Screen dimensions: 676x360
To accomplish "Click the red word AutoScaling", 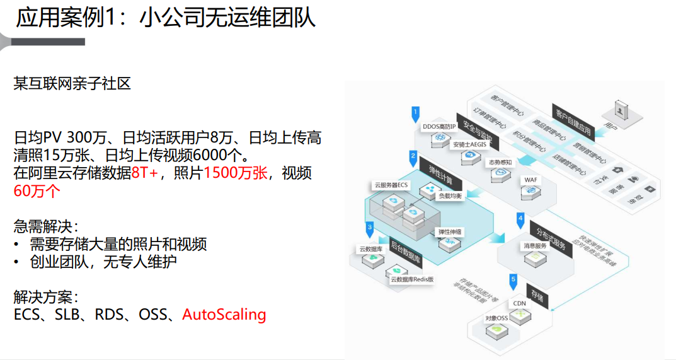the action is click(224, 314).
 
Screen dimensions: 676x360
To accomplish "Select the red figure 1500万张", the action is click(236, 173).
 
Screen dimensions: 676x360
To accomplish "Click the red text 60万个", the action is click(37, 191).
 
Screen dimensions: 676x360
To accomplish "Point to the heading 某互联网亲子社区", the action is click(72, 83).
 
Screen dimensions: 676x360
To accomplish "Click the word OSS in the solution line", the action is click(153, 314).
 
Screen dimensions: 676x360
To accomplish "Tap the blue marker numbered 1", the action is click(415, 115).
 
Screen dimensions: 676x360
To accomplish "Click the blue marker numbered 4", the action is click(520, 220).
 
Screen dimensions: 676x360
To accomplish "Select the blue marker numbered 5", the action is click(513, 279).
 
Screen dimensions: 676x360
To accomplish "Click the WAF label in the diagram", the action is click(531, 180).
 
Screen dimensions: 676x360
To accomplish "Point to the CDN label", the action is click(519, 303).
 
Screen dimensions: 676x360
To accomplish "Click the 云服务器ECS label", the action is click(392, 185).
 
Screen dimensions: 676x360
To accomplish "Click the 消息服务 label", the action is click(535, 245).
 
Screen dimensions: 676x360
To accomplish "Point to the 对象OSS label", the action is click(496, 318).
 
